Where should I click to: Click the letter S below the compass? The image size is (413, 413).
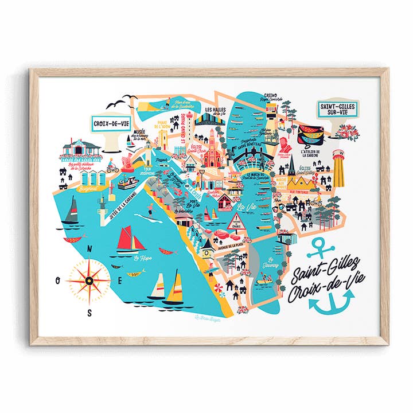89,313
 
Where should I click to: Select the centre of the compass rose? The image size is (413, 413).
89,281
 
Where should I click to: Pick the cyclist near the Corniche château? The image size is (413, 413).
113,169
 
